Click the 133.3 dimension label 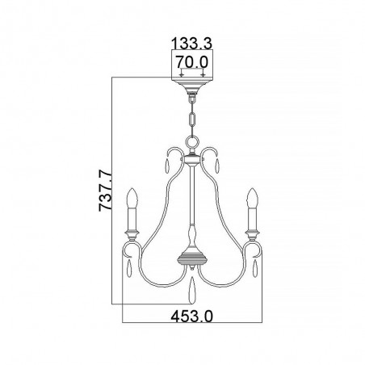click(x=192, y=44)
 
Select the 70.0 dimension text click(x=192, y=62)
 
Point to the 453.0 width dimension click(x=192, y=316)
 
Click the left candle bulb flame click(x=132, y=198)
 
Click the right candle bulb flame click(x=253, y=198)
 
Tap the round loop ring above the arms click(x=192, y=141)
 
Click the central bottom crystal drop click(x=192, y=290)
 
